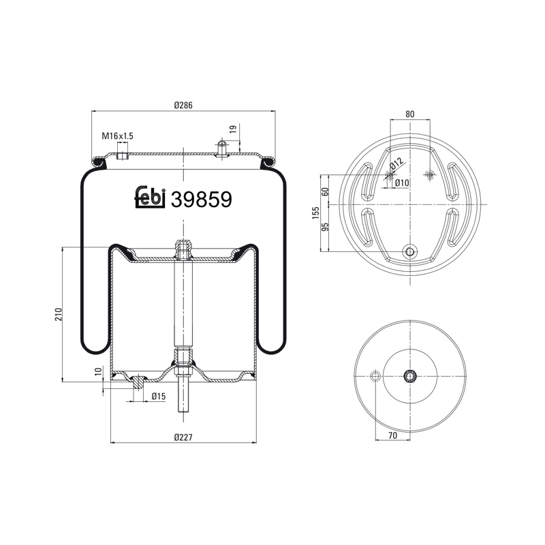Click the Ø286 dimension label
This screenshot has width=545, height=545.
point(183,105)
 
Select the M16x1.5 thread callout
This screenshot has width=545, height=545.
point(117,136)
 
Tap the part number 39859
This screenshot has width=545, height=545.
point(202,200)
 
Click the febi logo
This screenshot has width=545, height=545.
point(150,198)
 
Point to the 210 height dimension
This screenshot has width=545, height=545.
point(59,314)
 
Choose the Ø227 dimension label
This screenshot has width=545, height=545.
point(183,437)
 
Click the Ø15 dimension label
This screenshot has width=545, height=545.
point(159,396)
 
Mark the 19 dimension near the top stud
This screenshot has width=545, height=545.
point(234,129)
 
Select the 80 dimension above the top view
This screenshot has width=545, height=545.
point(410,114)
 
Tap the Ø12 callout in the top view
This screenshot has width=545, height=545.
point(396,163)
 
